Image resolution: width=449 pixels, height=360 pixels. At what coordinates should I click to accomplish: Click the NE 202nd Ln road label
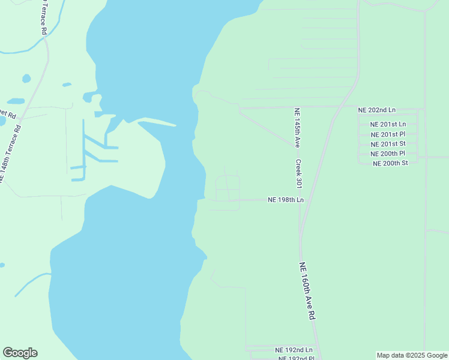tap(376, 110)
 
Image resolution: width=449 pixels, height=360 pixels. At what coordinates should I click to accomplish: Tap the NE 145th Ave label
tap(297, 128)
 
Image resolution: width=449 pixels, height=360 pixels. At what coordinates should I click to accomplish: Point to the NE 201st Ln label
tap(388, 124)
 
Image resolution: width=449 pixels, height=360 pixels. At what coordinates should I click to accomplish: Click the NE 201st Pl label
tap(388, 134)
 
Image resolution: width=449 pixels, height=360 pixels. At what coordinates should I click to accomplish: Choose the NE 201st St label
tap(388, 143)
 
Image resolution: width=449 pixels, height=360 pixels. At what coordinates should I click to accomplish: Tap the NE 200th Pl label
tap(388, 154)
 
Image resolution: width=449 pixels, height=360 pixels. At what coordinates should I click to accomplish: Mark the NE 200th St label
tap(390, 163)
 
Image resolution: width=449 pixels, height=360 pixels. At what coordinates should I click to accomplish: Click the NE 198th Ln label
tap(286, 200)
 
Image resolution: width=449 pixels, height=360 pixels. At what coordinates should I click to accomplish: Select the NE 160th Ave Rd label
tap(307, 291)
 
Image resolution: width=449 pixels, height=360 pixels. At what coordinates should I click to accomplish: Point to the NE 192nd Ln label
tap(294, 350)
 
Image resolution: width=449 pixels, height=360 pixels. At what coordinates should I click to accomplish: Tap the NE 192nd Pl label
tap(296, 358)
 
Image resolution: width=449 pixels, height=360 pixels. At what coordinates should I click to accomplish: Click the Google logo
tap(20, 353)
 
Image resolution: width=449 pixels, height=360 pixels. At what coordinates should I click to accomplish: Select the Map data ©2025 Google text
tap(412, 355)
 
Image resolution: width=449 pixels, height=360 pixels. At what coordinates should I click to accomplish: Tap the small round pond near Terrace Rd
tap(26, 78)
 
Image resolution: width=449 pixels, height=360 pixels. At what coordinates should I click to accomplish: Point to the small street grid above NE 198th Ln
tap(227, 188)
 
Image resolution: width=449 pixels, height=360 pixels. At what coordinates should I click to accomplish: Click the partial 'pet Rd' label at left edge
tap(7, 113)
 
